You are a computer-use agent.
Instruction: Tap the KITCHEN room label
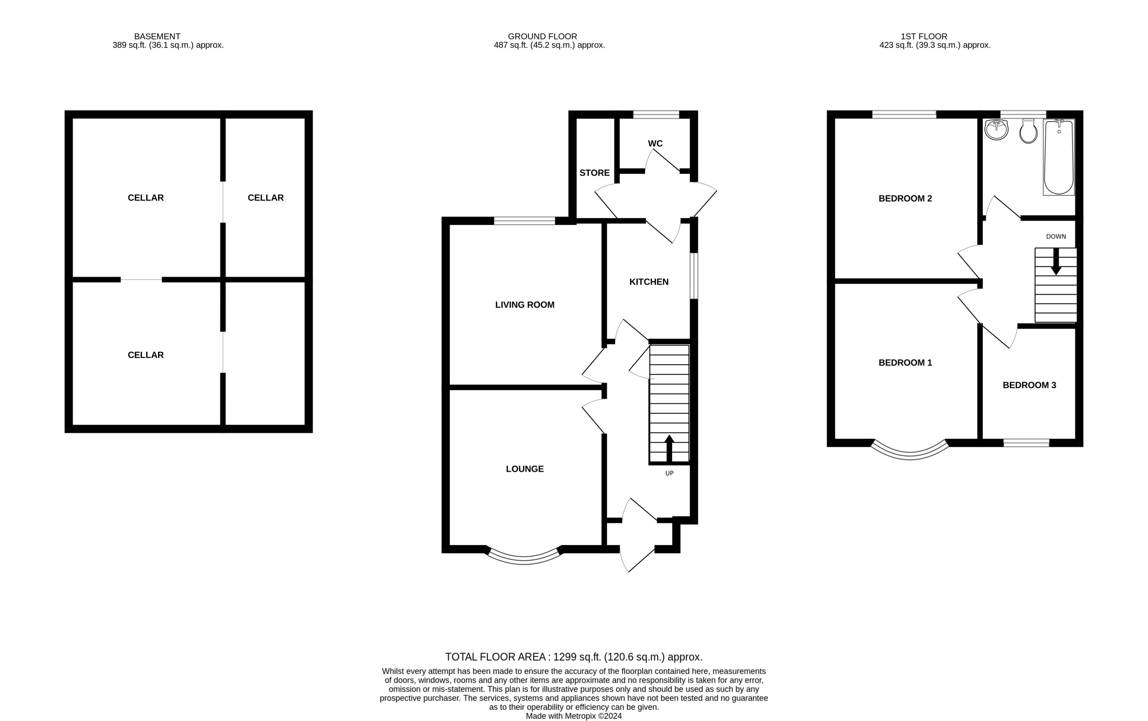click(x=648, y=282)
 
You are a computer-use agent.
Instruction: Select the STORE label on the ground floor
click(x=594, y=173)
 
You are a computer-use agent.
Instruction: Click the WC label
click(x=655, y=144)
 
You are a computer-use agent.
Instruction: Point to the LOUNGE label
click(x=524, y=469)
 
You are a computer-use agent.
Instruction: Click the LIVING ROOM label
click(x=524, y=305)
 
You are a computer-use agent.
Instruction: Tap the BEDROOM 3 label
click(x=1029, y=385)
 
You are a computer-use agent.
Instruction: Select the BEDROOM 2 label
click(x=905, y=198)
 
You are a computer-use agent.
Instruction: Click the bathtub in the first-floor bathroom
click(x=1058, y=157)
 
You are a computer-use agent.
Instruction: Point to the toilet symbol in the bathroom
click(x=1028, y=131)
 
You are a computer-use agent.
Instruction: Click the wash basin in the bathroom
click(x=996, y=129)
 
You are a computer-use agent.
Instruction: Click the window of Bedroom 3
click(x=1026, y=443)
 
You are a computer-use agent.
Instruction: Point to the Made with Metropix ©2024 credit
click(x=574, y=716)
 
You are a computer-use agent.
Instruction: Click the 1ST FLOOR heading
click(x=923, y=36)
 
